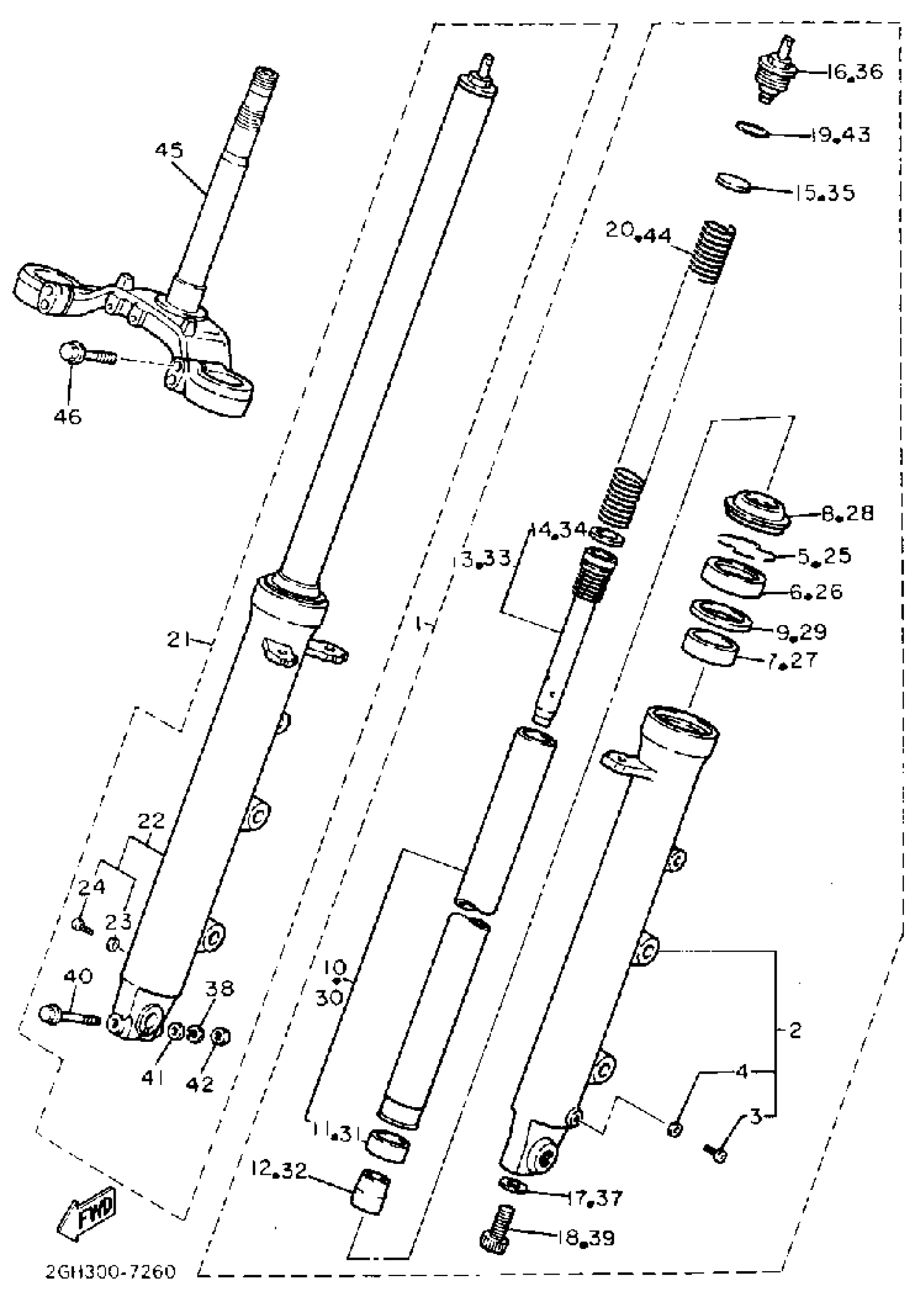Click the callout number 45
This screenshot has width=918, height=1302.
point(169,150)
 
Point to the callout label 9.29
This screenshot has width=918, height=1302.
point(801,630)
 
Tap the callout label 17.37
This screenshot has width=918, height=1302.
point(595,1197)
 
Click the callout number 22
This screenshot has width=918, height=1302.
point(151,820)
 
